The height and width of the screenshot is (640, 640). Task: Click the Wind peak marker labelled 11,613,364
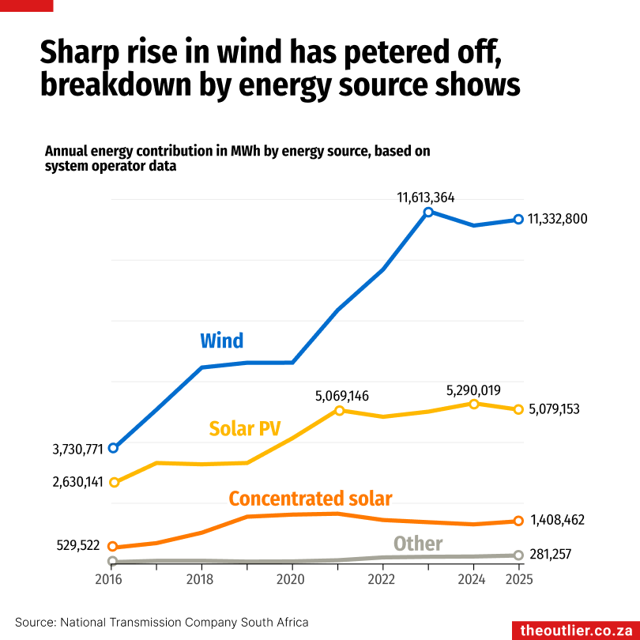[428, 212]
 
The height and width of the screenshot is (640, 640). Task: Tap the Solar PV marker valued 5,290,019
[474, 404]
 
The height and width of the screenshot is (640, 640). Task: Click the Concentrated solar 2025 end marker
[519, 521]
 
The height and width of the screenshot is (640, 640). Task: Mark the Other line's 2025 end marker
[519, 555]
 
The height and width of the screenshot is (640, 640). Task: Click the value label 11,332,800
[558, 219]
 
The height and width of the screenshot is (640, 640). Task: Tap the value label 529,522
[78, 545]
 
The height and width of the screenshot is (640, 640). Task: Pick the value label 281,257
[554, 555]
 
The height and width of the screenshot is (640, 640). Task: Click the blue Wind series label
[221, 341]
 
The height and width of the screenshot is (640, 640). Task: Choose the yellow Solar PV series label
[245, 429]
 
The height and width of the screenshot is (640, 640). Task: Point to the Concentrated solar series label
[311, 499]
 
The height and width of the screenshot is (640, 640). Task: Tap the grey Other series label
[418, 544]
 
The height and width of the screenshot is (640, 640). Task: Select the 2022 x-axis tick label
[382, 578]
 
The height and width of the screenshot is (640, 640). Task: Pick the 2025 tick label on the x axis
[519, 578]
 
